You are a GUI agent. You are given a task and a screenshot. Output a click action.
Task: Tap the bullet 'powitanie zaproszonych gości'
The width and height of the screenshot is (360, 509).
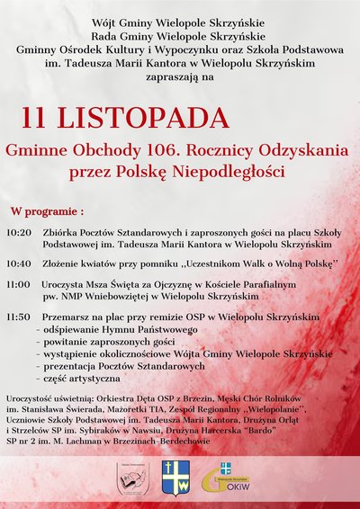[96, 343]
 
